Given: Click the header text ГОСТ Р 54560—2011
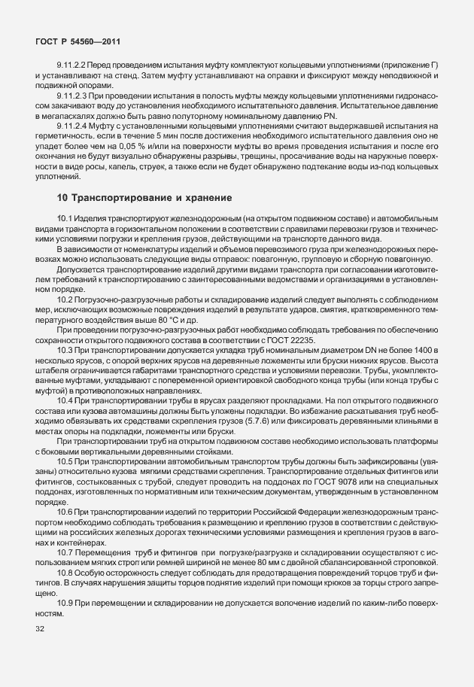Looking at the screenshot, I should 77,41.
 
